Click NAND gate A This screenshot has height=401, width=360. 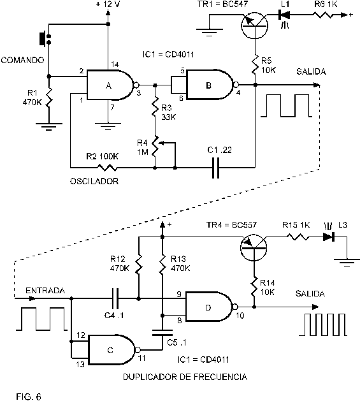[x=110, y=85]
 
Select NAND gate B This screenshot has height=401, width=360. [x=210, y=84]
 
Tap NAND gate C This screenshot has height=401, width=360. [x=112, y=349]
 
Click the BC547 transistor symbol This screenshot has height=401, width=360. [x=255, y=26]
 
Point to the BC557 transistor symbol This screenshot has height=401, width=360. [x=254, y=247]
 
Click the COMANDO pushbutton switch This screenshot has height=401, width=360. [x=45, y=39]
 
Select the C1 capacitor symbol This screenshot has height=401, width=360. [x=216, y=168]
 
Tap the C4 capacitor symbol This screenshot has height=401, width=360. [x=115, y=298]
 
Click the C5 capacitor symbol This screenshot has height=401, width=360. [x=162, y=333]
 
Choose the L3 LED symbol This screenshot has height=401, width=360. [x=329, y=237]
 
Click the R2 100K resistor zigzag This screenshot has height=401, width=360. [x=108, y=168]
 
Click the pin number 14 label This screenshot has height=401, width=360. [x=115, y=64]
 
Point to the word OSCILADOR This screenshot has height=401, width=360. [x=94, y=181]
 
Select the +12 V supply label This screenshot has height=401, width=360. [x=108, y=4]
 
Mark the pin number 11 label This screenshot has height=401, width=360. [x=141, y=358]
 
